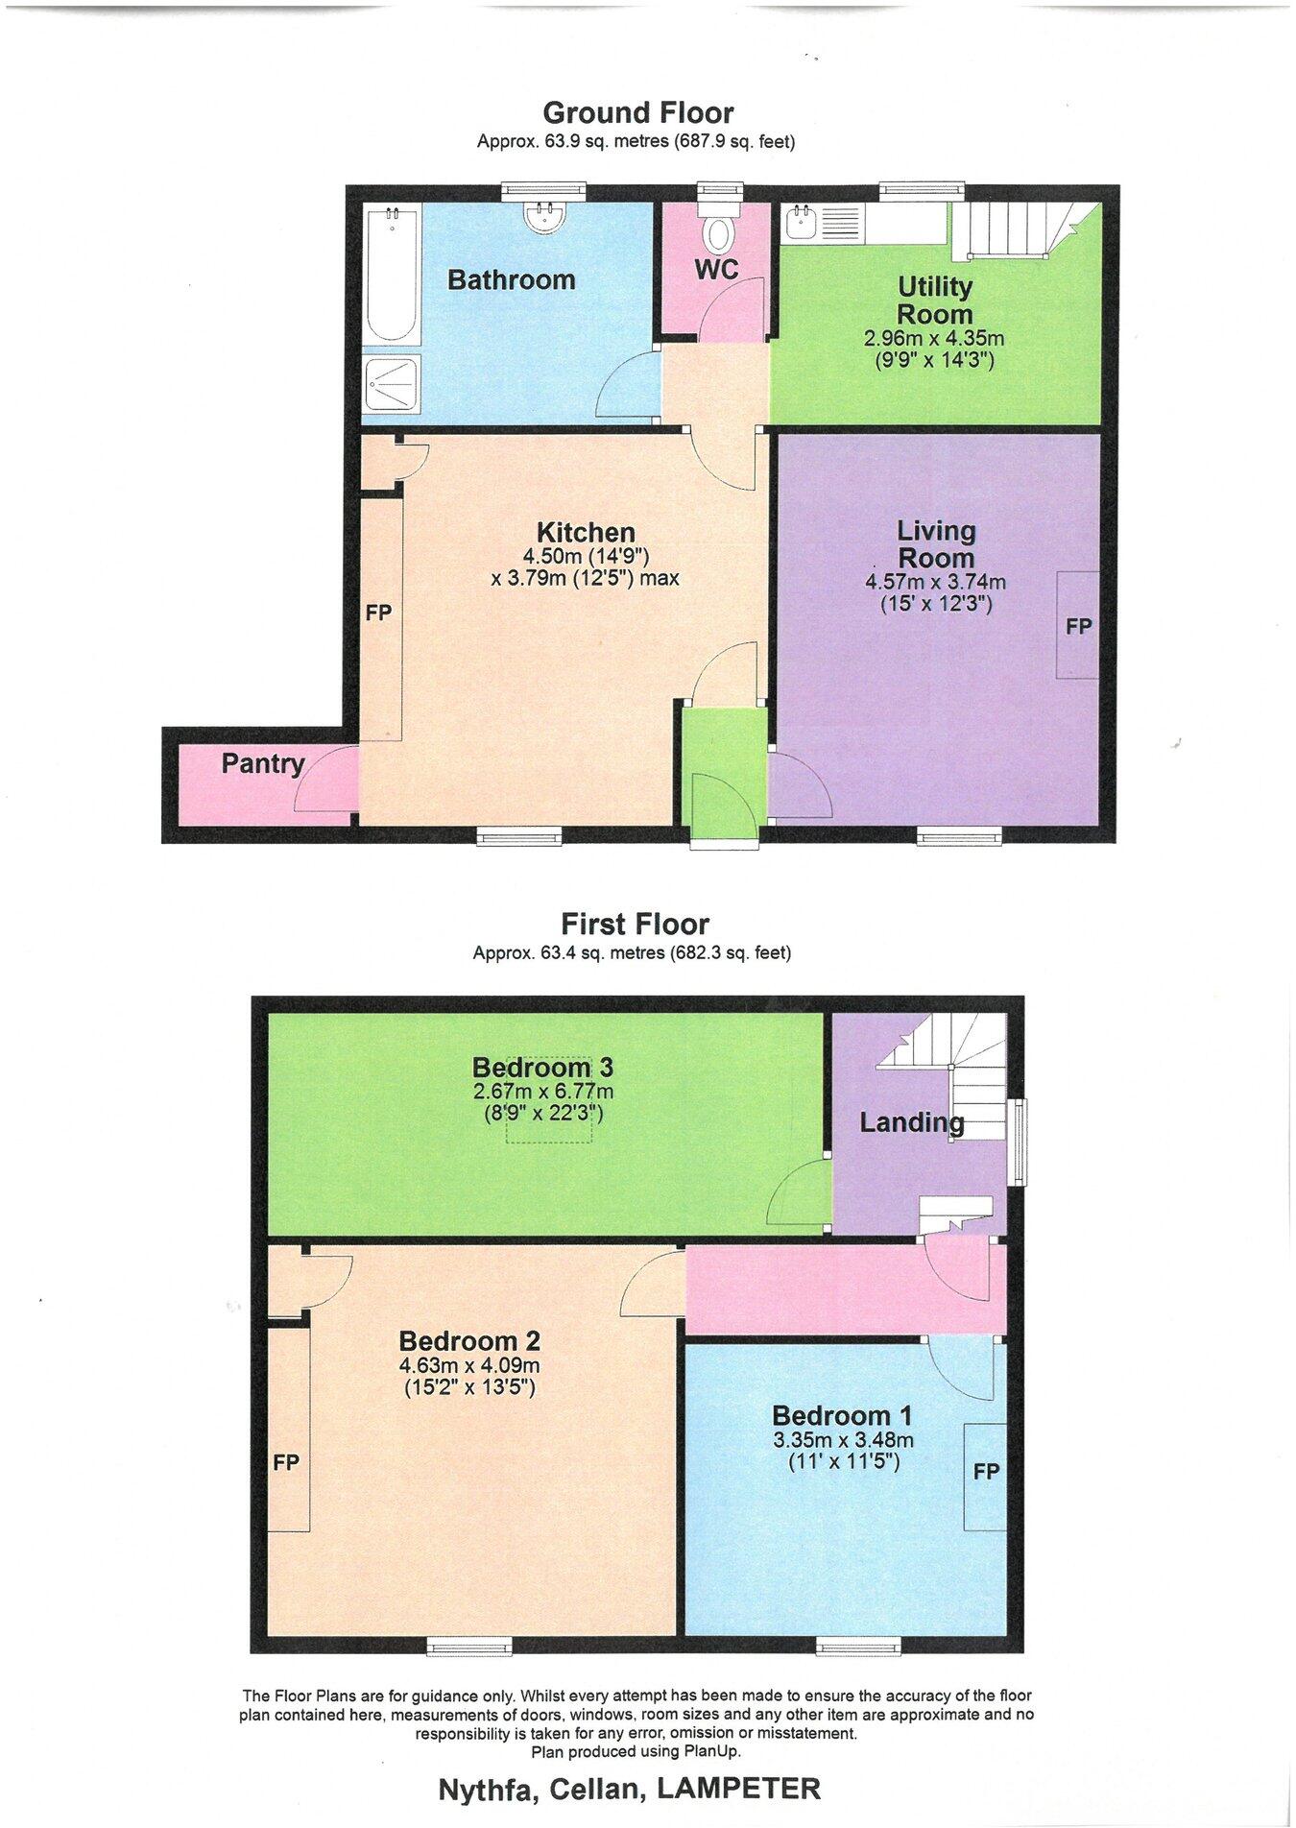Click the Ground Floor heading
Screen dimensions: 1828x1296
[637, 113]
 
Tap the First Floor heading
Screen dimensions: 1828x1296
[635, 925]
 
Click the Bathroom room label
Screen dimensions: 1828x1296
[511, 280]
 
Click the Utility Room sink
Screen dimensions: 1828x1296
[800, 223]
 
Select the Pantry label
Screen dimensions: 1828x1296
[262, 764]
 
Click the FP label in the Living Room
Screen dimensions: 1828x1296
[1078, 626]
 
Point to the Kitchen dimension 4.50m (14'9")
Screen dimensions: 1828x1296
[586, 557]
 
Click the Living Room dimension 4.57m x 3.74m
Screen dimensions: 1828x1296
[935, 583]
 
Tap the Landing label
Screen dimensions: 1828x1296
[911, 1122]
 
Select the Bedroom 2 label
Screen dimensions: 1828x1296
[469, 1341]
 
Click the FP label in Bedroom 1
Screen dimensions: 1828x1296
[986, 1472]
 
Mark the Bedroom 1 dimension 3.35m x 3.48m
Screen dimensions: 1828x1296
[842, 1440]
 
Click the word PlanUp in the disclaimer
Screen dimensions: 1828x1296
[711, 1751]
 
